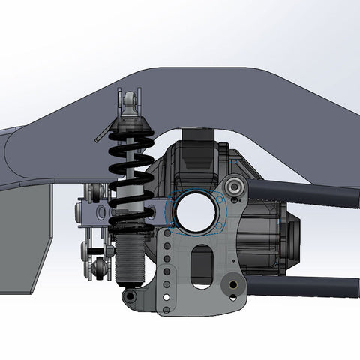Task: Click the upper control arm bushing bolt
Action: [x=234, y=185]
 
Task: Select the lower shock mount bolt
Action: [x=130, y=297]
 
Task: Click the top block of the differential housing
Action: [x=199, y=139]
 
